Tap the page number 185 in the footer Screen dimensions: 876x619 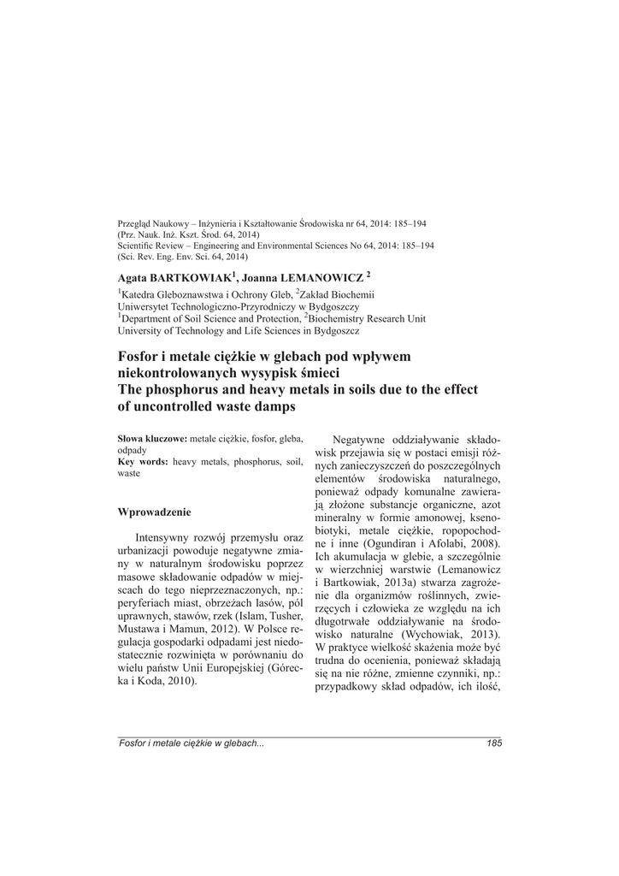[493, 743]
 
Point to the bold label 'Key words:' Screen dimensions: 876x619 [142, 461]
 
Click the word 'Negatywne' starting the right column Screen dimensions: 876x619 [373, 439]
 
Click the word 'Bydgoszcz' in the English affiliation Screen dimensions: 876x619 [333, 329]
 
